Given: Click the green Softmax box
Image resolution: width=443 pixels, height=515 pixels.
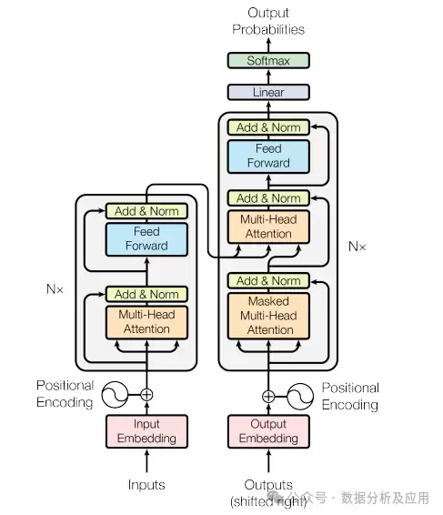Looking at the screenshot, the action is [268, 60].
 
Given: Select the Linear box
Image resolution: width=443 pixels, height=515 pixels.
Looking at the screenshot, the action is [268, 92].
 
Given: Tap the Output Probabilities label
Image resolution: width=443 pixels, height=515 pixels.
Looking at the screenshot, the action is [268, 21].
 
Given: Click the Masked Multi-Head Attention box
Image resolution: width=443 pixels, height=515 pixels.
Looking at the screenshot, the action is [268, 316].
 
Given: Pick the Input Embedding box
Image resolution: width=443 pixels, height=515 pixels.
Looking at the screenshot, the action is [146, 431].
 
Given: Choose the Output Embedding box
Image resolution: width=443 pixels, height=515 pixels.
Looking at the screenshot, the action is [268, 431].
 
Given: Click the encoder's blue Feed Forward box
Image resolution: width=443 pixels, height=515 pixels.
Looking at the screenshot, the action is [146, 239].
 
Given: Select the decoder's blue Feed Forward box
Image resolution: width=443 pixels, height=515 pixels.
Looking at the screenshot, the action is [268, 157].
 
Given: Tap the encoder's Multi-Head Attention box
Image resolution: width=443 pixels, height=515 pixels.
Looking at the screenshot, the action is [146, 322].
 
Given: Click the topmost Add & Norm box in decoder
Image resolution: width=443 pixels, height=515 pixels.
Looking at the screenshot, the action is [268, 127].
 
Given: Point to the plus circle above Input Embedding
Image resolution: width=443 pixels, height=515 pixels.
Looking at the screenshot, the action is [146, 395].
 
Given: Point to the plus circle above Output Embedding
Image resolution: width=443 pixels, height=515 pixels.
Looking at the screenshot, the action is [268, 397].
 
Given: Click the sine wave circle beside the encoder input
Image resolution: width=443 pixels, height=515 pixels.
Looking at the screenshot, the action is [115, 395].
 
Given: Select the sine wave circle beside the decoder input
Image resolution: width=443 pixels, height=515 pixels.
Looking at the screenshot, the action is [300, 397].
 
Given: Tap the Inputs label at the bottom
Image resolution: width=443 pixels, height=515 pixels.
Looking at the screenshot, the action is [146, 485].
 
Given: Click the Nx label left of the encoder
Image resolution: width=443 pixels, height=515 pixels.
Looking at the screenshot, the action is [55, 289].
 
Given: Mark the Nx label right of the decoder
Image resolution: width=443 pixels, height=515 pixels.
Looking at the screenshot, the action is [357, 247].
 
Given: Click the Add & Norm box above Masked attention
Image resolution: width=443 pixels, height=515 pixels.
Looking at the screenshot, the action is [268, 281].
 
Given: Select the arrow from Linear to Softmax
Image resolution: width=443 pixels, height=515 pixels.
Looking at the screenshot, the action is [268, 76].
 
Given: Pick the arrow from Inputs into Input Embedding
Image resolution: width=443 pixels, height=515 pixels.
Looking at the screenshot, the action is [146, 460].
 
